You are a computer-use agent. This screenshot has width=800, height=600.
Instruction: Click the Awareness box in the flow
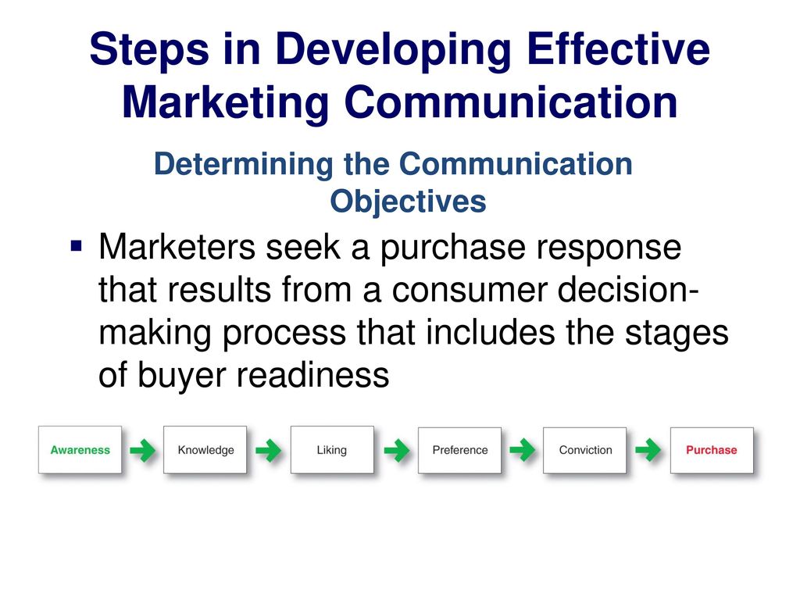pos(80,449)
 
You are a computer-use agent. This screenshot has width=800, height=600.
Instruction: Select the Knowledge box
pos(205,449)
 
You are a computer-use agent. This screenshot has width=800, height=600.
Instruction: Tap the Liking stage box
pos(332,449)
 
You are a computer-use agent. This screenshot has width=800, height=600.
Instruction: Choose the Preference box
pos(459,450)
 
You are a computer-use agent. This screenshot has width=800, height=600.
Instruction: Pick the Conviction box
pos(584,450)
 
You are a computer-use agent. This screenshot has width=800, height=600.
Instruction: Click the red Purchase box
pos(712,450)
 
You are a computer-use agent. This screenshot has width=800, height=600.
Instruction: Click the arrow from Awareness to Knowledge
pos(142,450)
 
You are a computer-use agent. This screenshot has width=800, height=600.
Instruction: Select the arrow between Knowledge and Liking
pos(269,450)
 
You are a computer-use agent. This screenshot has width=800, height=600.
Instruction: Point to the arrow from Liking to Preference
pos(396,450)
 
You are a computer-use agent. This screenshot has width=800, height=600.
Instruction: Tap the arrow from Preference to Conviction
pos(523,450)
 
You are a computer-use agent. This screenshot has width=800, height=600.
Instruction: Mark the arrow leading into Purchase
pos(648,450)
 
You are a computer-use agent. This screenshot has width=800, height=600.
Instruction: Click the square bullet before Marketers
pos(77,246)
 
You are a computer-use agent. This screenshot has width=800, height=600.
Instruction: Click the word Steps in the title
pos(149,50)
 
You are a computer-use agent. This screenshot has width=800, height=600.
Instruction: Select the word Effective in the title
pos(619,48)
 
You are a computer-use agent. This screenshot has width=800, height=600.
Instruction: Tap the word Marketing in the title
pos(226,103)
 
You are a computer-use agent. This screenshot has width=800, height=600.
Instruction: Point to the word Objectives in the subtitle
pos(408,202)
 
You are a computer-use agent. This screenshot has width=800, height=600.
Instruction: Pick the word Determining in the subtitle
pos(244,166)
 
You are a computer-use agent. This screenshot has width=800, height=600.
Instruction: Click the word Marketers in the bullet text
pos(177,247)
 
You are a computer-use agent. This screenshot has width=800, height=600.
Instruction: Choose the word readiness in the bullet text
pos(312,375)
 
